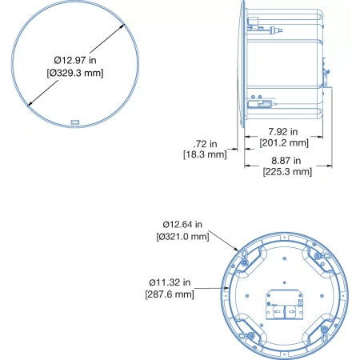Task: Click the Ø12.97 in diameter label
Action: pos(75,60)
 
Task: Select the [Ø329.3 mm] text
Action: pos(75,73)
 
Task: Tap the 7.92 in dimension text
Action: pos(283,132)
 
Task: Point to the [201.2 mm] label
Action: pos(284,142)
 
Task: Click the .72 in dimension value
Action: pos(205,144)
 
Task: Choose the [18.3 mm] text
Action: pos(205,154)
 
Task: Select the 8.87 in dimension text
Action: pos(286,161)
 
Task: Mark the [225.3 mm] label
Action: pos(287,171)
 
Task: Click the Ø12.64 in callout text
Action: pos(182,225)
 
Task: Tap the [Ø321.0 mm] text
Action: pos(182,237)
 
